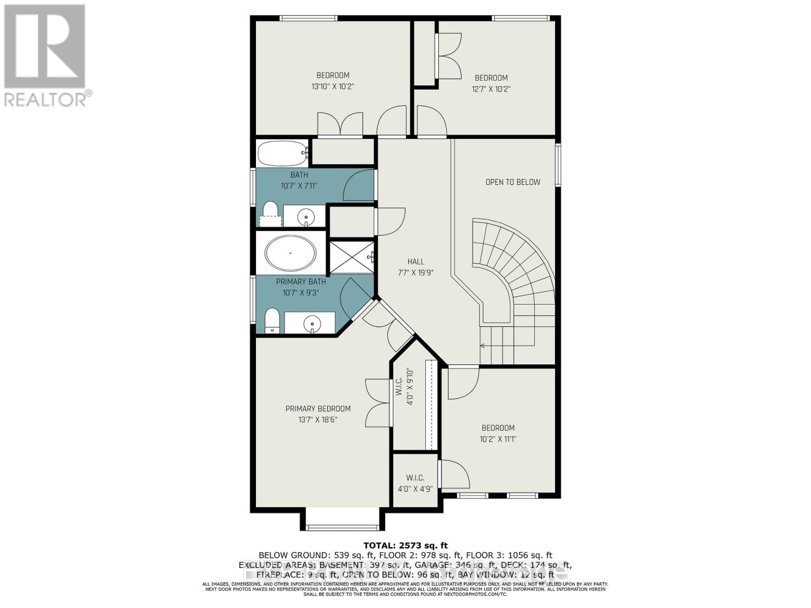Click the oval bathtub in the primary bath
click(290, 252)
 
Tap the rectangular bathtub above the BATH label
click(282, 153)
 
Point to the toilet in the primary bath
click(272, 321)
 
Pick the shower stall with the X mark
click(351, 257)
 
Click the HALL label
click(416, 261)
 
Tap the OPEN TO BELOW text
click(512, 182)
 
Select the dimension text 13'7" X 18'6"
click(318, 420)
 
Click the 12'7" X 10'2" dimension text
click(491, 89)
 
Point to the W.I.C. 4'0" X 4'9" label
click(415, 483)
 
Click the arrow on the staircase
click(483, 346)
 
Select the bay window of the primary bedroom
click(342, 527)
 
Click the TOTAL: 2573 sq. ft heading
click(405, 546)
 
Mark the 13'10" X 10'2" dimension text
click(333, 87)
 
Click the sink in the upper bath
click(306, 217)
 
